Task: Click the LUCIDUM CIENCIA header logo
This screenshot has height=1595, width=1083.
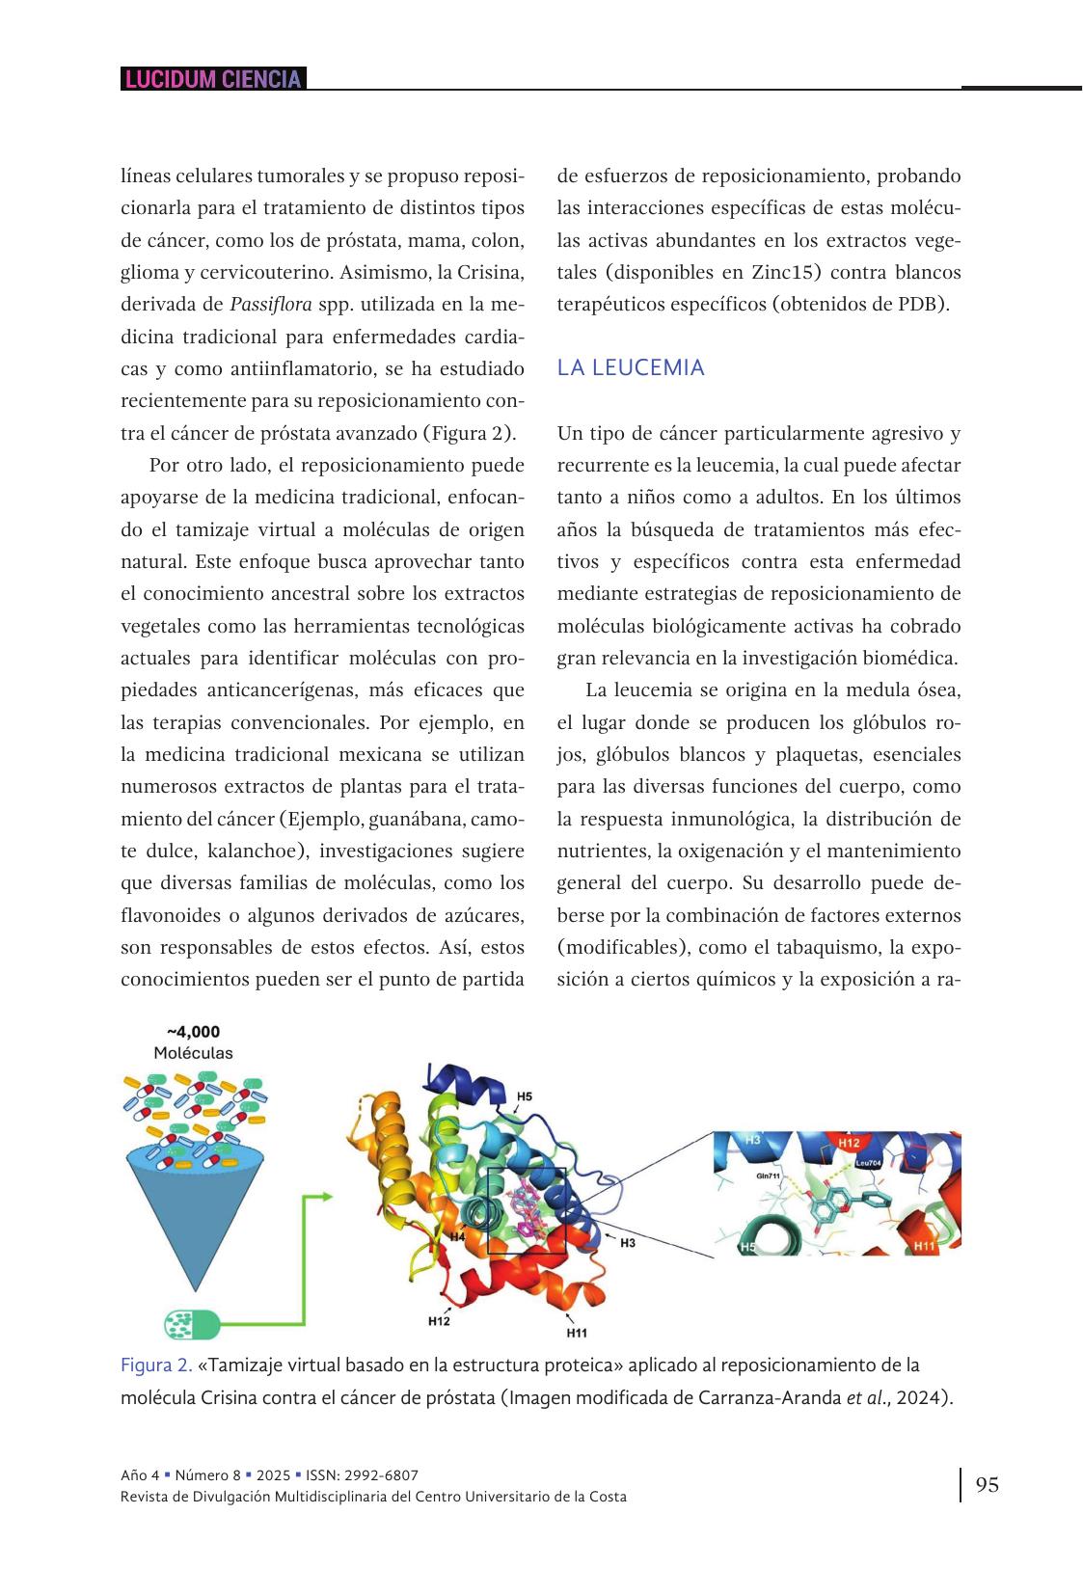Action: point(213,79)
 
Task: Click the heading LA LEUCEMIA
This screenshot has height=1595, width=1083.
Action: point(631,367)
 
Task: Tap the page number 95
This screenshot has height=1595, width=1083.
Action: point(987,1484)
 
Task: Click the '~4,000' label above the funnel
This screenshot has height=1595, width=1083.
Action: point(193,1032)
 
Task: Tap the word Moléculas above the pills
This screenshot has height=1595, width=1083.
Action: point(193,1053)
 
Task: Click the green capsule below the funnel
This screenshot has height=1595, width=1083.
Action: point(192,1323)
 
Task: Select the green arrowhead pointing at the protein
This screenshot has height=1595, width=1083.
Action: point(326,1197)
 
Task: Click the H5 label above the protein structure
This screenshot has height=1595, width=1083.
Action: point(525,1096)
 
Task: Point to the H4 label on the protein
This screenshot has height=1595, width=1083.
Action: point(458,1235)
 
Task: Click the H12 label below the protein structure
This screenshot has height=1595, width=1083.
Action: point(439,1321)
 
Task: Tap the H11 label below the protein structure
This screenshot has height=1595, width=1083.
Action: point(577,1333)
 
